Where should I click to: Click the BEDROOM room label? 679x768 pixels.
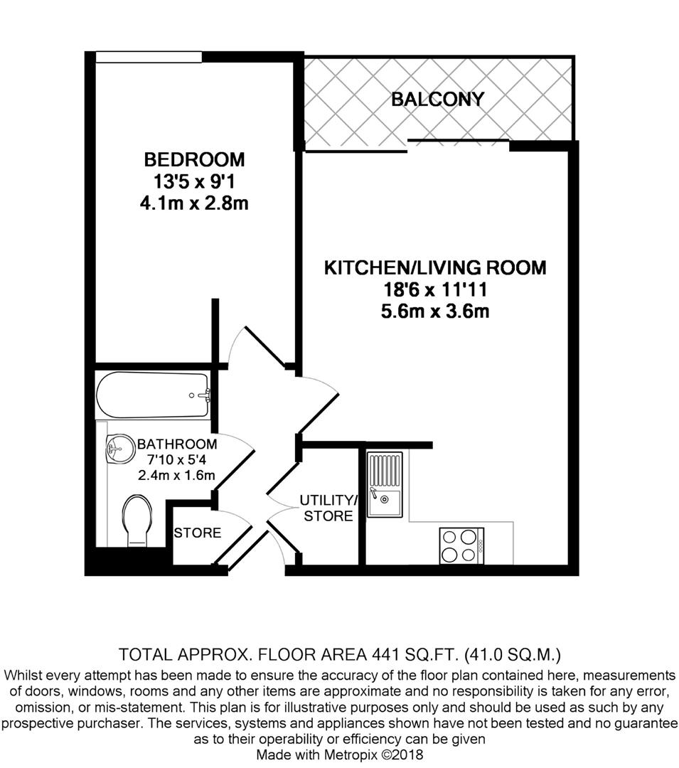click(194, 159)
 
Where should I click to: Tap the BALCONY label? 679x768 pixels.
click(438, 100)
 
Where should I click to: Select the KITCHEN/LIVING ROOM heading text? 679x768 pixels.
click(435, 268)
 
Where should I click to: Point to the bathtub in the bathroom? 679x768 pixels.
click(154, 395)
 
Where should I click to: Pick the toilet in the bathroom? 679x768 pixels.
click(137, 520)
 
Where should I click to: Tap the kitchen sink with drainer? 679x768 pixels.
click(385, 484)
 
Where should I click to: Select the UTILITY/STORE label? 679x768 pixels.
click(328, 508)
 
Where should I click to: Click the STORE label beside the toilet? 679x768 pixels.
click(198, 533)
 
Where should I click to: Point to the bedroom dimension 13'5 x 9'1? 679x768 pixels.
click(194, 182)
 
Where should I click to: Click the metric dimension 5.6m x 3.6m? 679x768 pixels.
click(435, 311)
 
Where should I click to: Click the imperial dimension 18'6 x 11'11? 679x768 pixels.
click(435, 290)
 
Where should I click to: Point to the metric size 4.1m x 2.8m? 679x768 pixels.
click(194, 204)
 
